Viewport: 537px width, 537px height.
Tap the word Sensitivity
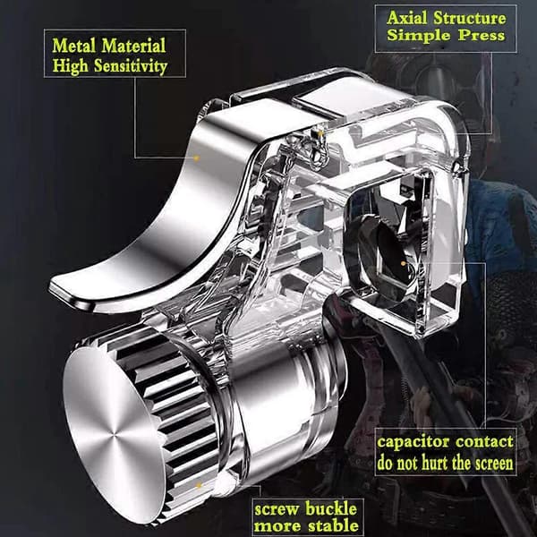(x=131, y=66)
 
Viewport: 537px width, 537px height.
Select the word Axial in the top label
(x=407, y=18)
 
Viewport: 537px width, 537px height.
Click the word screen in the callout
(x=491, y=463)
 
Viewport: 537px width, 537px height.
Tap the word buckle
(x=330, y=508)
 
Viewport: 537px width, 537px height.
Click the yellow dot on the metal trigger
(x=196, y=158)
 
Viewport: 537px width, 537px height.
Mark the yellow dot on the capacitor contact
(x=404, y=263)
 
